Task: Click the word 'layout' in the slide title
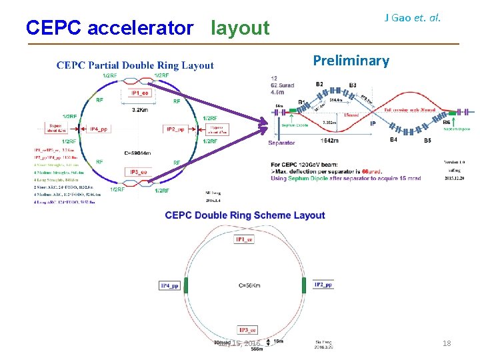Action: point(240,28)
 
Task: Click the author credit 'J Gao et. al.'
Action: point(413,17)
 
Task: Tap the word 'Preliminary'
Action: point(351,61)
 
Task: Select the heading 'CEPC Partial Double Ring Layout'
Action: point(135,65)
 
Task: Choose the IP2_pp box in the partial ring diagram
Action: point(175,129)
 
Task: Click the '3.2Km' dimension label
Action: point(140,109)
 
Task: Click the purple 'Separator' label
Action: point(281,143)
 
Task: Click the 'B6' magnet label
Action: point(446,122)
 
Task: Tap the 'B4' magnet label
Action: point(393,139)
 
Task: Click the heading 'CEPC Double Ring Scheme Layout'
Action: point(245,215)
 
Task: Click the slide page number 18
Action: point(447,343)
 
